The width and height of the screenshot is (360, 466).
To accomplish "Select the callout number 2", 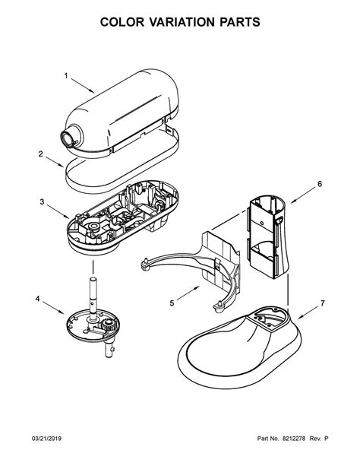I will pos(40,154).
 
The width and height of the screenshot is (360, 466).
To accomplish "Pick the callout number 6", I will pos(320,183).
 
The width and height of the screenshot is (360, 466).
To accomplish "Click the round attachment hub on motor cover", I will pos(71,138).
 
